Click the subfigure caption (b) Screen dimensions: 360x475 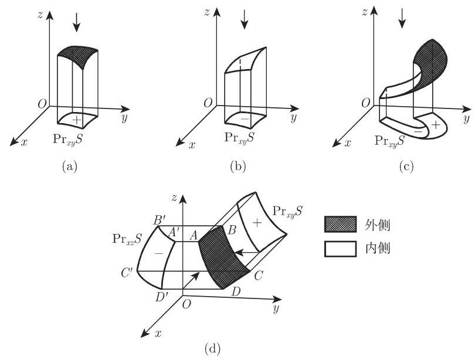[x=238, y=167]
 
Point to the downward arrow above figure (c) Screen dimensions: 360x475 [x=402, y=20]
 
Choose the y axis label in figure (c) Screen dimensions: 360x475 [x=466, y=120]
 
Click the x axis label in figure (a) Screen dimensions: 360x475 [x=24, y=143]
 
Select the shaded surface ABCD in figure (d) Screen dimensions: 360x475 [x=225, y=257]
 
